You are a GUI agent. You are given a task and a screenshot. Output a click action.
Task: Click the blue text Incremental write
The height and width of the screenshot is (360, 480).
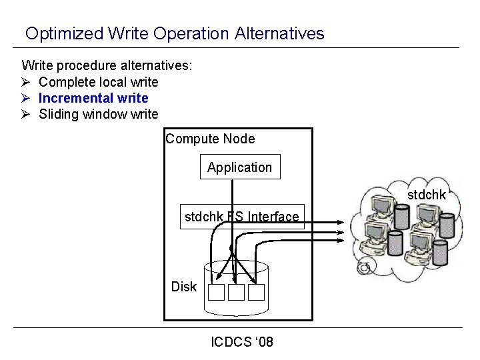click(93, 98)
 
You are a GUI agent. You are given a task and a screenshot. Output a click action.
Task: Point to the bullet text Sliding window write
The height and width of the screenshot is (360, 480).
click(99, 114)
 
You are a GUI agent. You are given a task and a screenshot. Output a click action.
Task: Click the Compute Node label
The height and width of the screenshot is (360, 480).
click(210, 139)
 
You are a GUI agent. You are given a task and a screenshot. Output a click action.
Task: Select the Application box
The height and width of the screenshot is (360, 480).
click(240, 167)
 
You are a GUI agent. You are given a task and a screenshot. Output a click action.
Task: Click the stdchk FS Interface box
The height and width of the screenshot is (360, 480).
click(242, 217)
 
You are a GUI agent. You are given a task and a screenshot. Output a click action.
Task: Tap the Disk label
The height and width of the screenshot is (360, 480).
click(183, 287)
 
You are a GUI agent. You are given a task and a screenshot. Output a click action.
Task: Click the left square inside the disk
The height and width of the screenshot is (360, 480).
click(216, 292)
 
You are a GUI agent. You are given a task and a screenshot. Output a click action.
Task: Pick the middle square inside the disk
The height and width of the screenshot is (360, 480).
click(236, 292)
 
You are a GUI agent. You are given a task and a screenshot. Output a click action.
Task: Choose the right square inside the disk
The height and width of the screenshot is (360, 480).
click(257, 292)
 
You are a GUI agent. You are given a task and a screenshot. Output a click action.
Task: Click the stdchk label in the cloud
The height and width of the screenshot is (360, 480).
click(426, 195)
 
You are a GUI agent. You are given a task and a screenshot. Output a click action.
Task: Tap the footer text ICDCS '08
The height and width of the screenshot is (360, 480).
click(241, 342)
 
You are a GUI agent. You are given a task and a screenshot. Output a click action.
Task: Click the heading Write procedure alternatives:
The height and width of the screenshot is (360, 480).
click(107, 65)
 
